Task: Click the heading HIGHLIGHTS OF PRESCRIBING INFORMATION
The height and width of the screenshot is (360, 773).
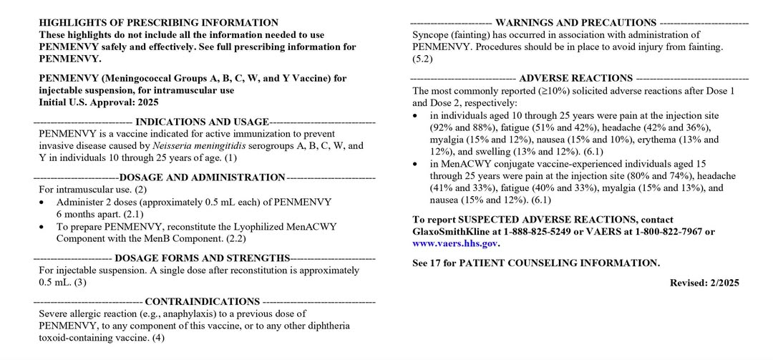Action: (x=159, y=23)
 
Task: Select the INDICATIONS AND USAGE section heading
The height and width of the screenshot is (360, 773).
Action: (x=202, y=122)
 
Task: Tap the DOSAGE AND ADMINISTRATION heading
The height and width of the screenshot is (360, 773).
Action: (x=202, y=177)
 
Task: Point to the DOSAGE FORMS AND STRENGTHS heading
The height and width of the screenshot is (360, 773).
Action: (x=202, y=258)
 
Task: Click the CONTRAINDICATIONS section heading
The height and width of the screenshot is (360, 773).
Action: (x=202, y=301)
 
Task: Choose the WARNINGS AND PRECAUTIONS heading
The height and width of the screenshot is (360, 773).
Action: (x=575, y=23)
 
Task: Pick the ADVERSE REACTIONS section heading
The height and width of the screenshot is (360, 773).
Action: (x=575, y=78)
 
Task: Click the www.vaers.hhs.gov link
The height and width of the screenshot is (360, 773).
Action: (x=455, y=243)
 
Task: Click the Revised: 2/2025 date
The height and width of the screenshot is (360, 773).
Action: (x=704, y=283)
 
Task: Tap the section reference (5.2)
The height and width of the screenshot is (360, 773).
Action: (x=422, y=59)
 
